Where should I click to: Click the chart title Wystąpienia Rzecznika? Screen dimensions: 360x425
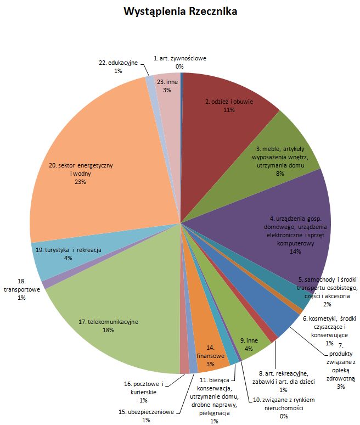181,12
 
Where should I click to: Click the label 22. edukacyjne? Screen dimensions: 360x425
118,66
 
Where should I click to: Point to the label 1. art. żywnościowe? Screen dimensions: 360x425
180,63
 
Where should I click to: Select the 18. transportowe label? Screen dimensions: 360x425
21,289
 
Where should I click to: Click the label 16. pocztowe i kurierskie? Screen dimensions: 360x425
144,392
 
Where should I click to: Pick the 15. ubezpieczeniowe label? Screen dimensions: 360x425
147,416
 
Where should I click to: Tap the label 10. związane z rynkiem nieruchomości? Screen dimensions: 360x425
284,408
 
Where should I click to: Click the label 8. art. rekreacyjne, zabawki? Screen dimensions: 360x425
283,382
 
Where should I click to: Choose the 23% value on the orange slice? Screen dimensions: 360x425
81,182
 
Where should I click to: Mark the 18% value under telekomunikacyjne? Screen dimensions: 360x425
108,330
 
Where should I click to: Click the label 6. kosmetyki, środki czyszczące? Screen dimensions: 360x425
329,331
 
